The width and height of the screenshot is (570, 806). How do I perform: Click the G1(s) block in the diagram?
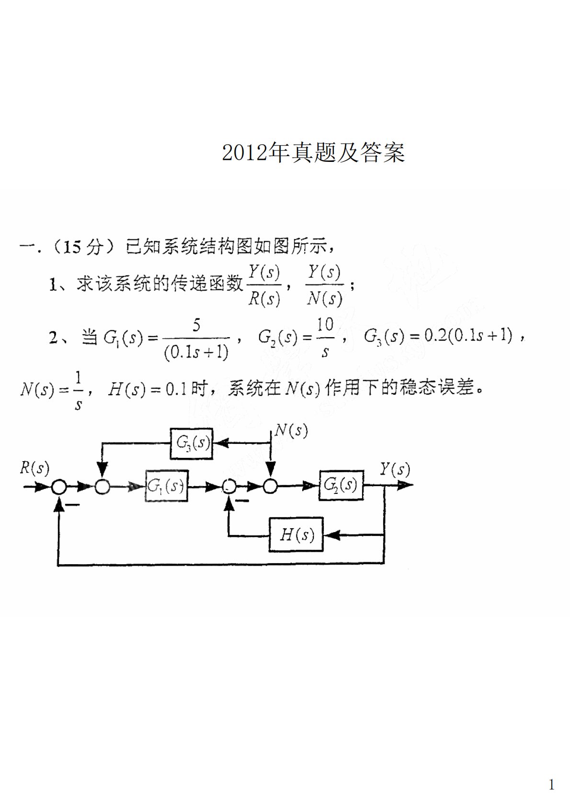click(x=166, y=486)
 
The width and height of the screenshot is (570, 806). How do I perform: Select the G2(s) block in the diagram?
click(x=341, y=485)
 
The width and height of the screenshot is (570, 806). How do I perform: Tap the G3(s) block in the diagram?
click(x=192, y=443)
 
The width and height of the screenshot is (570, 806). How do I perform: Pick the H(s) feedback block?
click(x=296, y=534)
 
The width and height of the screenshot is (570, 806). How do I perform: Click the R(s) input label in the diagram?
click(x=34, y=467)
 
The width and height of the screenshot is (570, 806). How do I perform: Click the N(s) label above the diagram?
click(x=291, y=430)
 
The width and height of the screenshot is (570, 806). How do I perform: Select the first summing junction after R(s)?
click(x=59, y=487)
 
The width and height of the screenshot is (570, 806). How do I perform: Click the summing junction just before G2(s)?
click(x=270, y=487)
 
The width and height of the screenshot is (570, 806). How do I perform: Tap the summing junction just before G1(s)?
click(x=102, y=487)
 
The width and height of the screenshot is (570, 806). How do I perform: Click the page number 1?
click(x=551, y=784)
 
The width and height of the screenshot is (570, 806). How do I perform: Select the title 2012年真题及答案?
click(x=313, y=153)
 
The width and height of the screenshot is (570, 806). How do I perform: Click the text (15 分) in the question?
click(x=84, y=247)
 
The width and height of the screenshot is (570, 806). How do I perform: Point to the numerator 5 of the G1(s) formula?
click(x=196, y=326)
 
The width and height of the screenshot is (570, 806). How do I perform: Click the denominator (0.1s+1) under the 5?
click(x=196, y=352)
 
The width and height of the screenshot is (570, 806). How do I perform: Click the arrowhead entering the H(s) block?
click(x=331, y=534)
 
